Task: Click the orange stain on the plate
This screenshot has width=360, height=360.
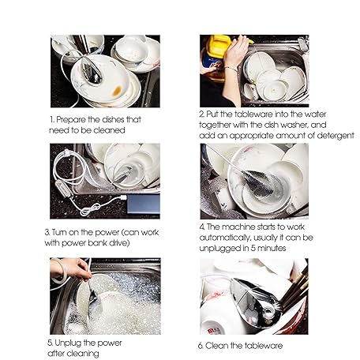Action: click(117, 91)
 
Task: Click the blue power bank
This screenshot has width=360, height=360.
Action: click(144, 204)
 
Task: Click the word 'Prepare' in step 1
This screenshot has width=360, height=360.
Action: click(70, 120)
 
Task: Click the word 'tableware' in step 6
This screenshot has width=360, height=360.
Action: click(264, 346)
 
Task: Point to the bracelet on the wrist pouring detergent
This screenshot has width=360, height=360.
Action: click(231, 69)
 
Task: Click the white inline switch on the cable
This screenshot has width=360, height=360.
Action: click(64, 188)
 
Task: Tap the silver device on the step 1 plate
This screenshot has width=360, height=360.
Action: click(90, 70)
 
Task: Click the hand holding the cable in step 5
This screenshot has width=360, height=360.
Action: click(72, 268)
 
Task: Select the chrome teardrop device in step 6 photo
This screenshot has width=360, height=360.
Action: click(255, 302)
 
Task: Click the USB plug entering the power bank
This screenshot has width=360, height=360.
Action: click(123, 197)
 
